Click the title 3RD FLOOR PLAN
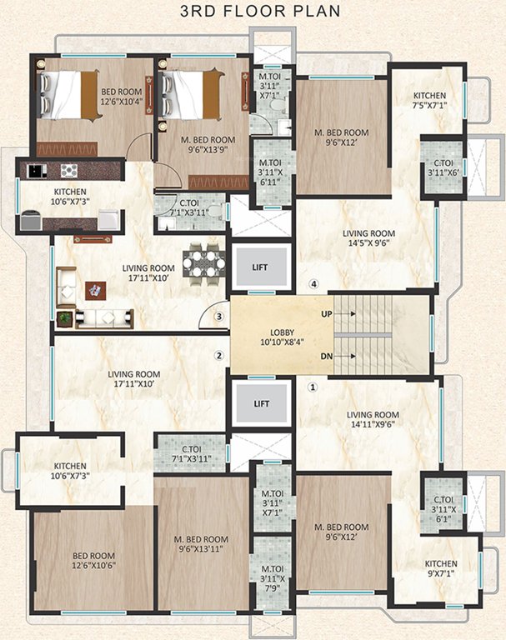(253, 11)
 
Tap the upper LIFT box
(258, 267)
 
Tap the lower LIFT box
(258, 404)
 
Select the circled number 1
(313, 387)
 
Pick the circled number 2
(219, 356)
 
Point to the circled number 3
(219, 317)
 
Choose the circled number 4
(313, 284)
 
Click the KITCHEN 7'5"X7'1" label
(428, 100)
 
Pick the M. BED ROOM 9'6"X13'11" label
(201, 544)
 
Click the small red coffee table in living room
(95, 290)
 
